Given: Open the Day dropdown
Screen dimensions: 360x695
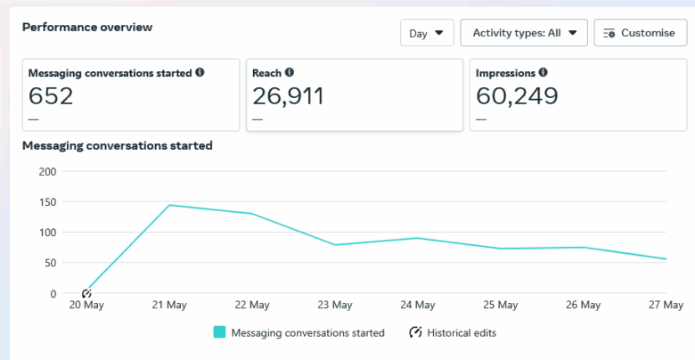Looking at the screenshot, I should coord(427,33).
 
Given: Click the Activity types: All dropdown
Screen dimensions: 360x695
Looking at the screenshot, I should coord(524,33).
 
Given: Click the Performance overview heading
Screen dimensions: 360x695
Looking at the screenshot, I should coord(87,27).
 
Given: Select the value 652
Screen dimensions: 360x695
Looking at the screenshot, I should coord(51,95).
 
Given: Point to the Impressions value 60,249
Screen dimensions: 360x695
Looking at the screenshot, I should coord(517,95).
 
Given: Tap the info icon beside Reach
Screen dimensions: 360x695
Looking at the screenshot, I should coord(290,73).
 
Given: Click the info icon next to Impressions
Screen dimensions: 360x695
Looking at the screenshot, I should coord(544,73).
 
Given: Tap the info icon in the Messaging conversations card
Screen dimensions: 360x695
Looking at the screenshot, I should coord(200,73).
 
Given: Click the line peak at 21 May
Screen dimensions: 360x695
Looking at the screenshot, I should coord(169,205).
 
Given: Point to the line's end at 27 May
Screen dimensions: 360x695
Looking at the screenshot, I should coord(666,259).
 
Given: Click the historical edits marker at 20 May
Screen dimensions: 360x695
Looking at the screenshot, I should coord(86,293).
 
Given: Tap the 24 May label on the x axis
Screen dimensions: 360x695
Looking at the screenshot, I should coord(418,305).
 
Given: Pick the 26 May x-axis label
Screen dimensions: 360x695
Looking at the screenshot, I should coord(584,305).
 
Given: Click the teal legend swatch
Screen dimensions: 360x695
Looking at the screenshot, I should coord(219,332).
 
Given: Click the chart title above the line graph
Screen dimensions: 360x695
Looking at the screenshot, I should coord(117,145).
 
